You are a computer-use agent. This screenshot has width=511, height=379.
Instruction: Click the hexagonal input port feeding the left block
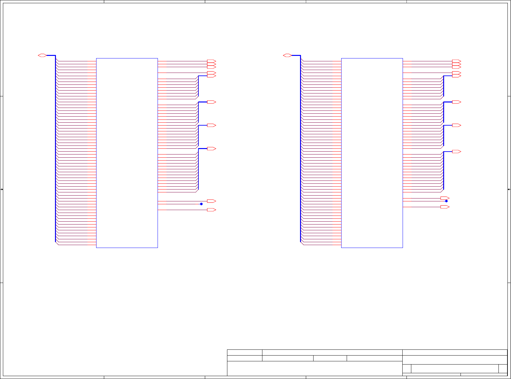(42, 56)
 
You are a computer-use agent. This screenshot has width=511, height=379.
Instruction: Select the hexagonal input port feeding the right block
(287, 56)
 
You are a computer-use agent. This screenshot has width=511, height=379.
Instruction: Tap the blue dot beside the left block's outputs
(201, 204)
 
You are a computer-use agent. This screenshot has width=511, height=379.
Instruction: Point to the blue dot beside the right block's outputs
(446, 201)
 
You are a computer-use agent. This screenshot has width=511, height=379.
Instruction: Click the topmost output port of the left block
(211, 61)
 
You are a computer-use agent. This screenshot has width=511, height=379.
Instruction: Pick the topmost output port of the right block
(456, 61)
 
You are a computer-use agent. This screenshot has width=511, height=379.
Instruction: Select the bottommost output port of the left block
(211, 210)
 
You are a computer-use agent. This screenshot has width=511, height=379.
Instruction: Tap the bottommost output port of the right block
(445, 207)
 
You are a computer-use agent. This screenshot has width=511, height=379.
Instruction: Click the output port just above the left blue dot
(211, 201)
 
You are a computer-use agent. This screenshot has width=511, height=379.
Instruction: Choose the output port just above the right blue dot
(445, 198)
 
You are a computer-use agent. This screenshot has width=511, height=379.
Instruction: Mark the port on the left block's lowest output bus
(211, 149)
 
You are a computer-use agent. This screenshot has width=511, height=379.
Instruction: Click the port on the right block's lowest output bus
(456, 152)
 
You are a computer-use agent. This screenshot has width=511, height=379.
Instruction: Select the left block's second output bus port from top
(211, 102)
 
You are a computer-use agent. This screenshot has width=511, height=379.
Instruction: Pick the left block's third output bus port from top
(211, 125)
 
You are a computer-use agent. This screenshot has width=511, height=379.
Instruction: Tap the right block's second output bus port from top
(456, 102)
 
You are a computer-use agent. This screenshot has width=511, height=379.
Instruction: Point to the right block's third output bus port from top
(456, 125)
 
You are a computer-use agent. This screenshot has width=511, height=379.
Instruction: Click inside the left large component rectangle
(127, 153)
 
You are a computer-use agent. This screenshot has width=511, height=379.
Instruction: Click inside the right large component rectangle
(372, 153)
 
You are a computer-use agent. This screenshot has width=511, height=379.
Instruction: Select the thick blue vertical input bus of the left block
(56, 148)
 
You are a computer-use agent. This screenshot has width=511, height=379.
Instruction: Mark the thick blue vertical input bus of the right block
(301, 148)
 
